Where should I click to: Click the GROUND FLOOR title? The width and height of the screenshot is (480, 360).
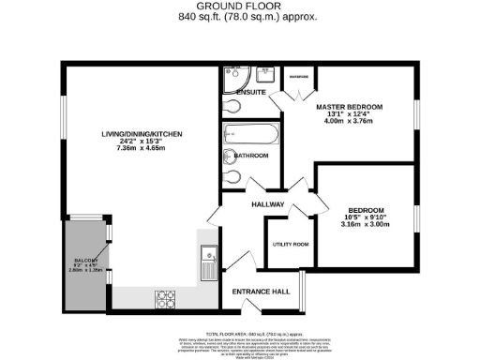[x=239, y=7]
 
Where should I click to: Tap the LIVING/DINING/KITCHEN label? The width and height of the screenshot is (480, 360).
[x=142, y=135]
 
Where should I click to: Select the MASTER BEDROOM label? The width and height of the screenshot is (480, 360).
[x=350, y=108]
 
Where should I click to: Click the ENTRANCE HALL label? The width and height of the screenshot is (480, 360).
[x=260, y=292]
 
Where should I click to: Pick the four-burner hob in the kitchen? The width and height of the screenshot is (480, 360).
[x=165, y=298]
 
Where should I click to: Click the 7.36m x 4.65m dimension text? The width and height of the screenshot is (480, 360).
[x=142, y=148]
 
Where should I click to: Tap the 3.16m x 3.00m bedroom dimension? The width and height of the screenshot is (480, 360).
[x=362, y=224]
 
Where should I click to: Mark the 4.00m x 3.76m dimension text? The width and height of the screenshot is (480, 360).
[x=350, y=119]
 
